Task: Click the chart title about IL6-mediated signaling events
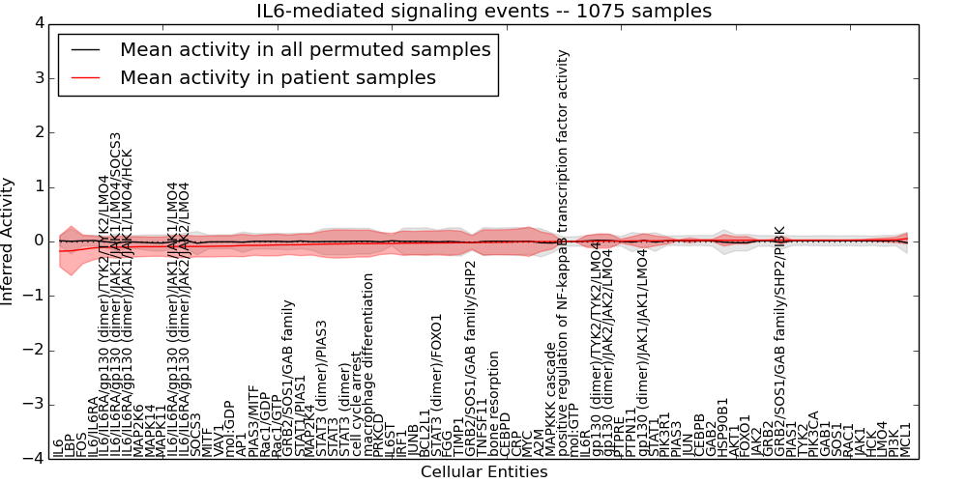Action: click(483, 12)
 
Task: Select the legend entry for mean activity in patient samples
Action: click(278, 77)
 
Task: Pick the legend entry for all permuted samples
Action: click(305, 49)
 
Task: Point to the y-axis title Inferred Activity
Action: click(9, 241)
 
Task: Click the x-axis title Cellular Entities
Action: click(483, 472)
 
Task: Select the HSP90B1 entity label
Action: click(722, 426)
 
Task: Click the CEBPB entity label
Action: click(699, 434)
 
